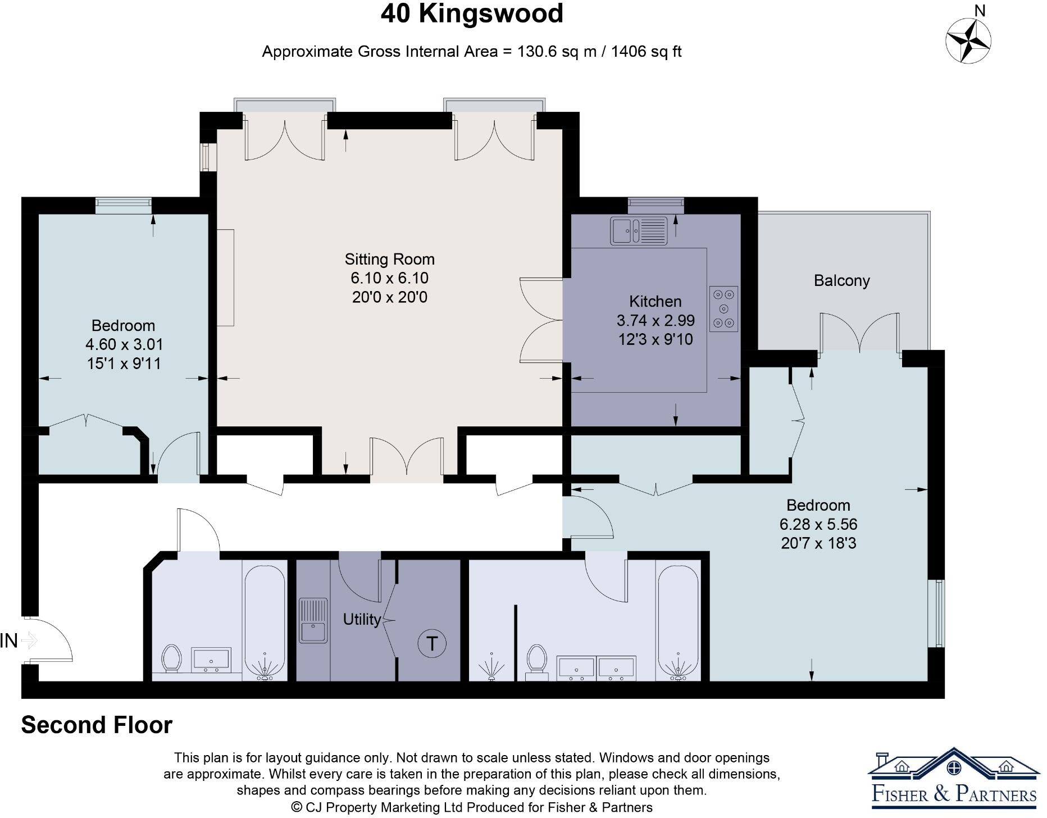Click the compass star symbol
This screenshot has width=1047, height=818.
pyautogui.click(x=968, y=40)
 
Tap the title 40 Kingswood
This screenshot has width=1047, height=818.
pyautogui.click(x=472, y=13)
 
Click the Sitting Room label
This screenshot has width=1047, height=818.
pyautogui.click(x=389, y=260)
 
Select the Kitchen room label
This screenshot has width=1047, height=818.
pyautogui.click(x=655, y=302)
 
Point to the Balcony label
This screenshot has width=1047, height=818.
pyautogui.click(x=841, y=280)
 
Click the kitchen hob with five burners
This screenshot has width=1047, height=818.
pyautogui.click(x=723, y=308)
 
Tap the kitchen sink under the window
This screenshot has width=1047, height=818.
pyautogui.click(x=639, y=231)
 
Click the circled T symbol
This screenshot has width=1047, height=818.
pyautogui.click(x=432, y=643)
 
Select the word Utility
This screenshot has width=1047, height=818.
pyautogui.click(x=362, y=619)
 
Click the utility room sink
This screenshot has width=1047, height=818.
pyautogui.click(x=313, y=620)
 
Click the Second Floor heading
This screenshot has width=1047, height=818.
pyautogui.click(x=97, y=725)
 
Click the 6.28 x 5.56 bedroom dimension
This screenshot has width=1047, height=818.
pyautogui.click(x=818, y=524)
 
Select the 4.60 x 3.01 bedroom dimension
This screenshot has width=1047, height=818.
pyautogui.click(x=124, y=344)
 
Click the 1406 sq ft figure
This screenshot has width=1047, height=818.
pyautogui.click(x=646, y=52)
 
